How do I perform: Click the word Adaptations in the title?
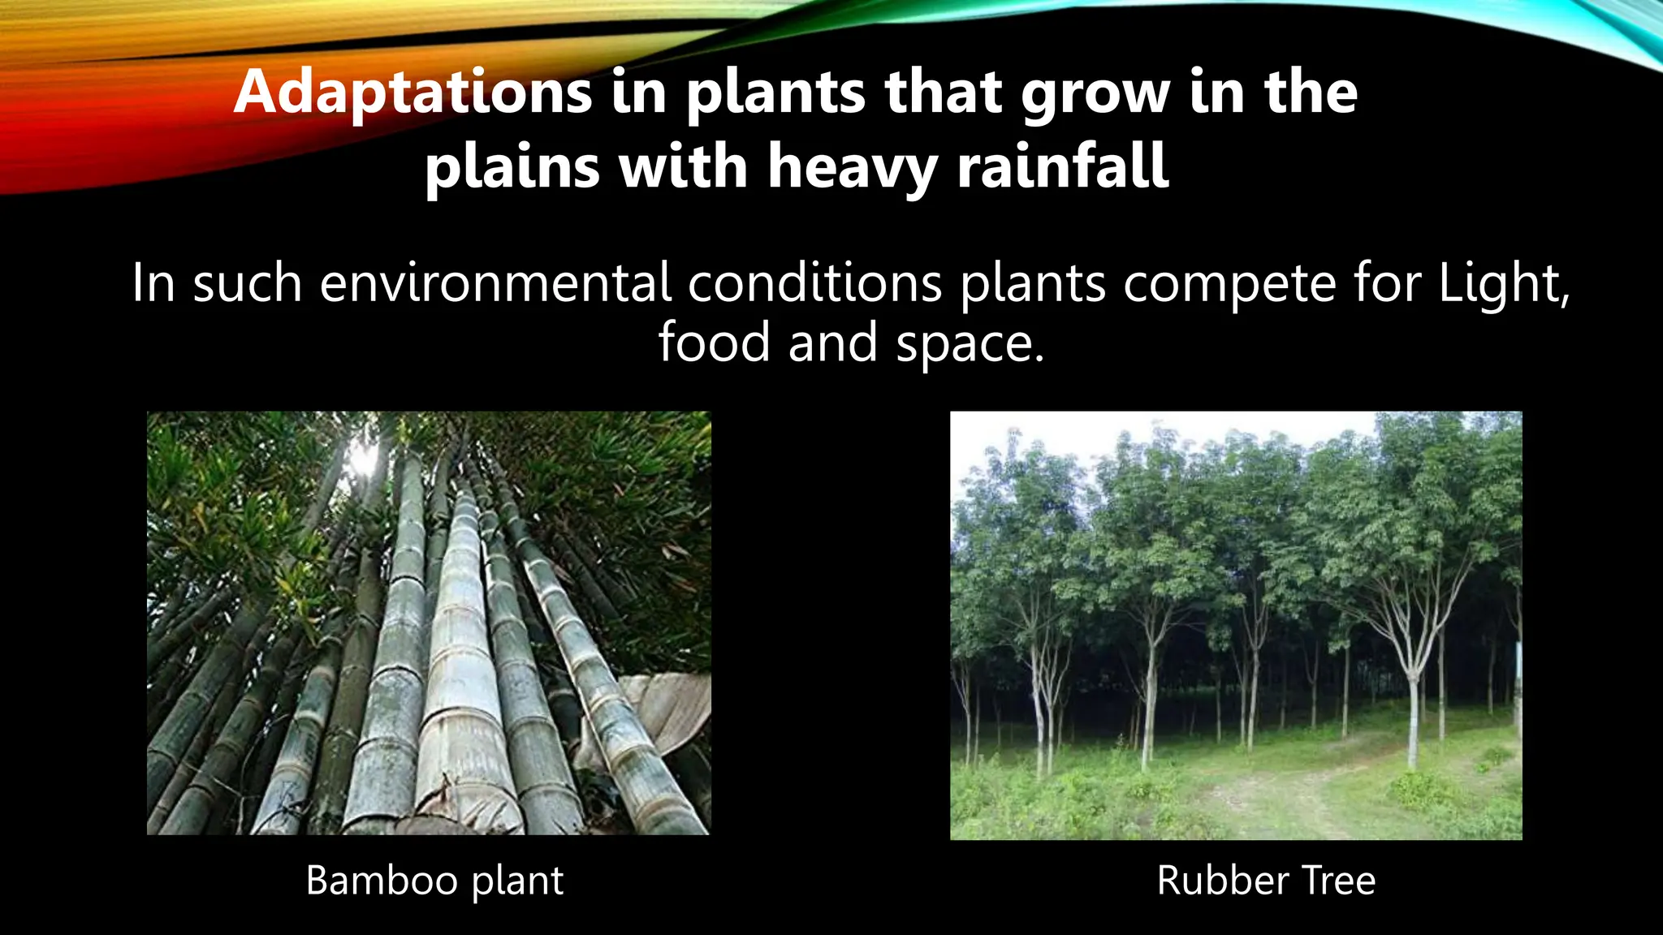pyautogui.click(x=413, y=93)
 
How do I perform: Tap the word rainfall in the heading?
pyautogui.click(x=1063, y=166)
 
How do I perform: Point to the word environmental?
pyautogui.click(x=495, y=283)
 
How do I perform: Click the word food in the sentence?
pyautogui.click(x=713, y=342)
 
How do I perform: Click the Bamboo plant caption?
pyautogui.click(x=434, y=881)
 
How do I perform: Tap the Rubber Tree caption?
pyautogui.click(x=1266, y=881)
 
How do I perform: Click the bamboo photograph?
pyautogui.click(x=429, y=623)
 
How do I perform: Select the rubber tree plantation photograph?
pyautogui.click(x=1236, y=625)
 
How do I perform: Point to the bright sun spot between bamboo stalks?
pyautogui.click(x=363, y=459)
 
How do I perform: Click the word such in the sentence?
pyautogui.click(x=247, y=283)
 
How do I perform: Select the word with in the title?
pyautogui.click(x=683, y=166)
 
